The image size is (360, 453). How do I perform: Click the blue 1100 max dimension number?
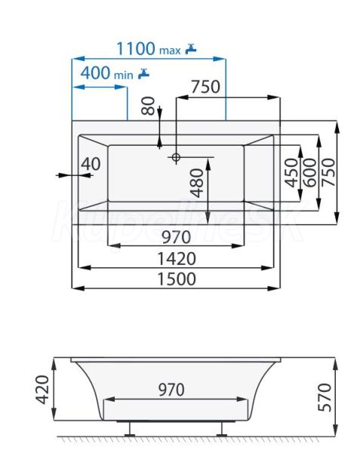pos(136,48)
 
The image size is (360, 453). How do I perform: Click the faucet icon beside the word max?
pos(190,48)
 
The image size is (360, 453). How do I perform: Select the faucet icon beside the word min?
pos(143,73)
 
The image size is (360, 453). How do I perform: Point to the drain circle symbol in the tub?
pos(176,157)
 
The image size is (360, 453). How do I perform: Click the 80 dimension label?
pos(149,106)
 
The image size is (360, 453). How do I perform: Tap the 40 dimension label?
pos(91,164)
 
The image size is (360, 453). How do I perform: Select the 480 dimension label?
pos(197,183)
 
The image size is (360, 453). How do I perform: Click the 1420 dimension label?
pos(177,258)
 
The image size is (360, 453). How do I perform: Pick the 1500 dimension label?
pos(177,279)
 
